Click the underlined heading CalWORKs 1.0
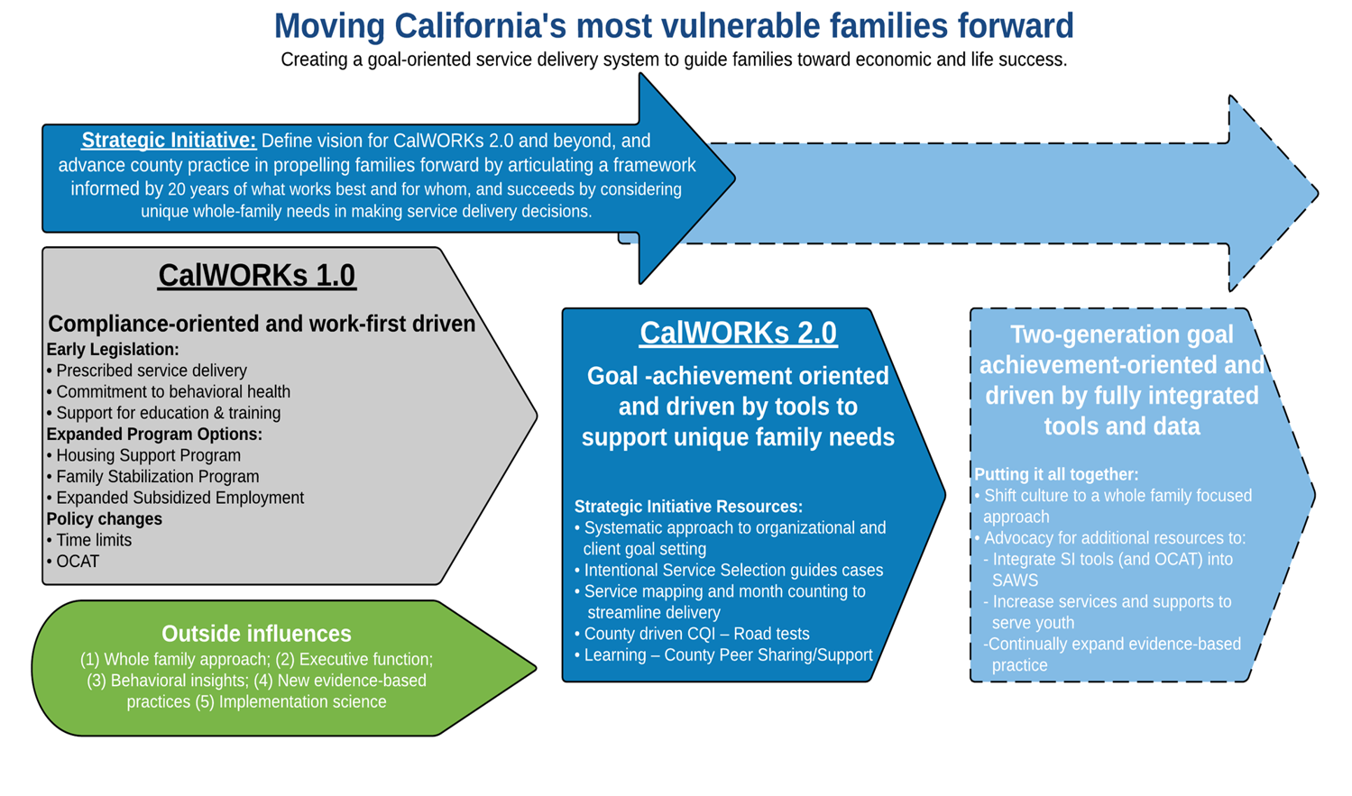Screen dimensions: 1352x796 click(256, 276)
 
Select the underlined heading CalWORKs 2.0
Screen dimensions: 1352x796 click(738, 334)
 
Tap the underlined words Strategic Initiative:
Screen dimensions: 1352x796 click(169, 141)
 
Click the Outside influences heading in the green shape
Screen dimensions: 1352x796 click(256, 634)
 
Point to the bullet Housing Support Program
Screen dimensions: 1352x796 click(143, 455)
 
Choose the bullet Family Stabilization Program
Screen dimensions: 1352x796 click(152, 476)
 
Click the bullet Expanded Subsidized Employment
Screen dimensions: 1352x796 click(175, 498)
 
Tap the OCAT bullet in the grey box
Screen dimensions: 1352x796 click(73, 562)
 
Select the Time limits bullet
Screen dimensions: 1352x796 click(88, 540)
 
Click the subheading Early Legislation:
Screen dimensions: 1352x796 click(113, 350)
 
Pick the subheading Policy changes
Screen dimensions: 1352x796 click(105, 519)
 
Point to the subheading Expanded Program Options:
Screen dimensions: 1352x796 click(154, 434)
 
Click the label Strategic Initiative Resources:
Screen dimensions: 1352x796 click(689, 507)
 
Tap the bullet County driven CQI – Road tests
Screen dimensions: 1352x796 click(693, 634)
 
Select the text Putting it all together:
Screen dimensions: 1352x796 click(1056, 474)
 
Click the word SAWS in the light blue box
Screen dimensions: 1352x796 click(1016, 581)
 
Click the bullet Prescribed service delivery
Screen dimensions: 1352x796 click(147, 371)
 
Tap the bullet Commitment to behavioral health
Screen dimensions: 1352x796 click(169, 391)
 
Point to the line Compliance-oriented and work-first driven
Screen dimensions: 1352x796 click(262, 324)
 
